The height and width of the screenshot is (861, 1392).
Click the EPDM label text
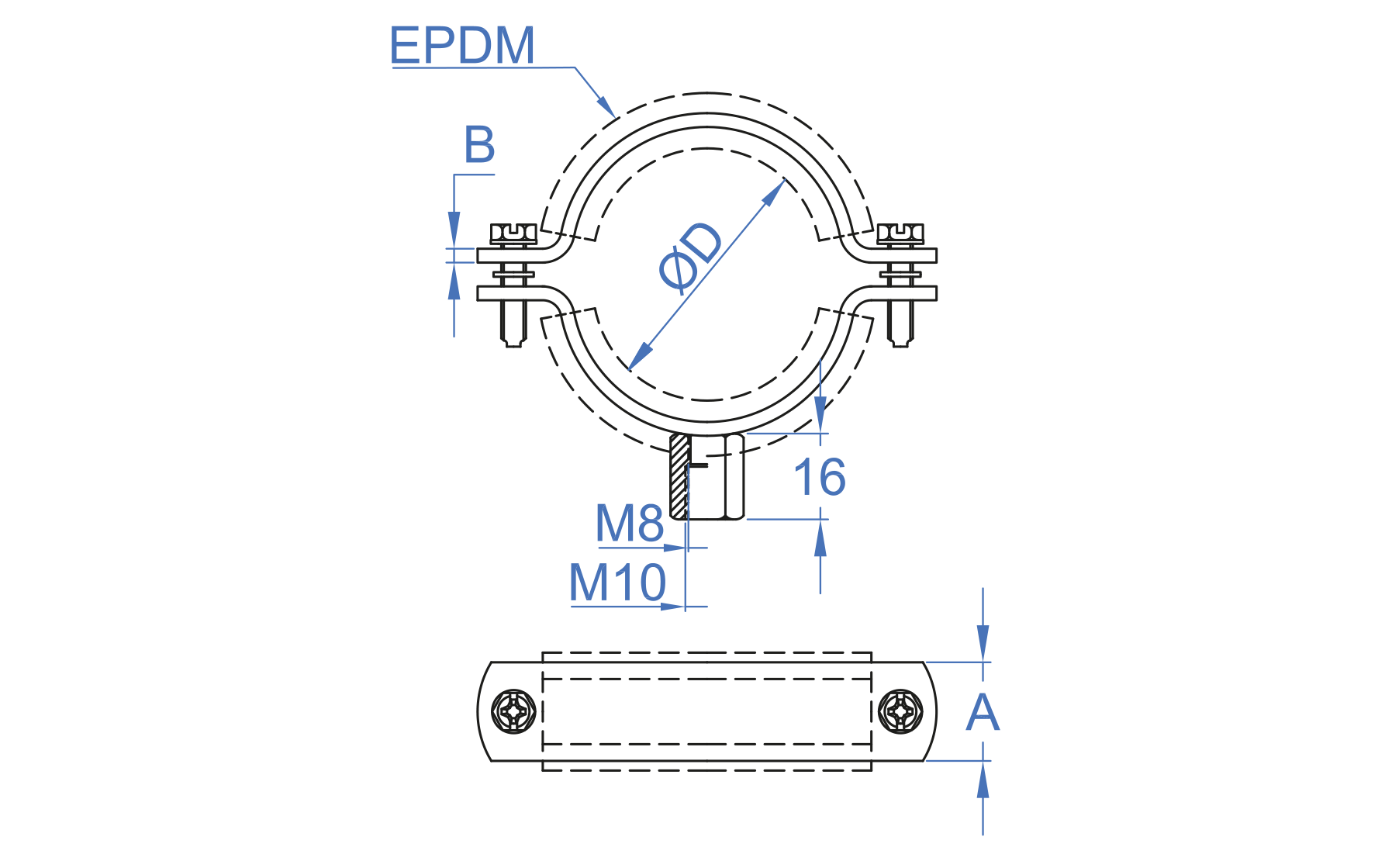[x=462, y=45]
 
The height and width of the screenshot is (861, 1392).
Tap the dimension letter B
[x=479, y=144]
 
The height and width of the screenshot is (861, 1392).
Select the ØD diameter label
[x=690, y=257]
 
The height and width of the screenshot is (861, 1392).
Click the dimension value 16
[x=820, y=476]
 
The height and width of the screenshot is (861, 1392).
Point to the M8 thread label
[x=629, y=523]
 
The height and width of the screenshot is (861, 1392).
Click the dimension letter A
[x=983, y=712]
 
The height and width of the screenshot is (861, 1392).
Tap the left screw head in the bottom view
[x=514, y=711]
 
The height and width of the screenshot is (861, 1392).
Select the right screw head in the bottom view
[x=900, y=711]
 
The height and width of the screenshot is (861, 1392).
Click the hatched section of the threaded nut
[x=679, y=476]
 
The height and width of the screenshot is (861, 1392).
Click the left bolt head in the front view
[x=513, y=233]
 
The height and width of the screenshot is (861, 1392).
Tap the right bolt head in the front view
[x=900, y=233]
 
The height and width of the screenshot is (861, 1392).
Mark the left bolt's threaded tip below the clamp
[x=513, y=326]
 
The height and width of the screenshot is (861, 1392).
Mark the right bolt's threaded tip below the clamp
[x=900, y=326]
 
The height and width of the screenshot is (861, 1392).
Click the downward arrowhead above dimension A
[x=983, y=643]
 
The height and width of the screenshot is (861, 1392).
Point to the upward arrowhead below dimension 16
[x=820, y=538]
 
